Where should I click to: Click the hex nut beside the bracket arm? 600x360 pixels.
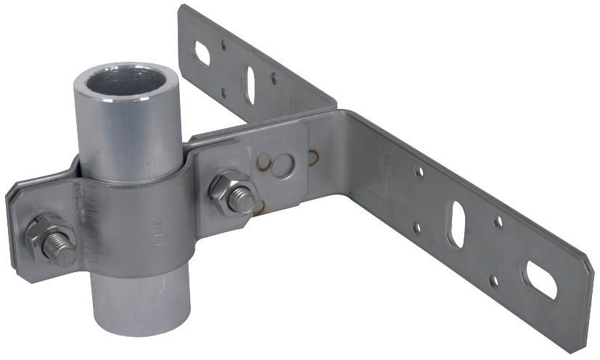coord(230,189)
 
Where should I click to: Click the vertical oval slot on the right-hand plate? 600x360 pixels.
coord(458,224)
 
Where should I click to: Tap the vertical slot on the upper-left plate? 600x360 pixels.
coord(250,83)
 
